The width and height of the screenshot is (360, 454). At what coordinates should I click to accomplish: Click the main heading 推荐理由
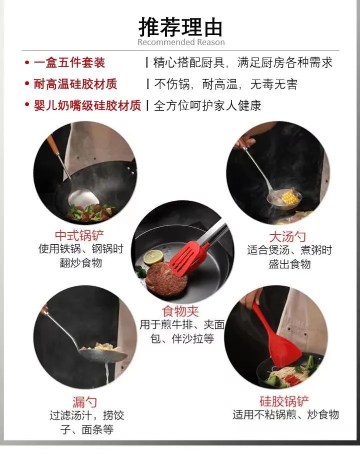point(180,26)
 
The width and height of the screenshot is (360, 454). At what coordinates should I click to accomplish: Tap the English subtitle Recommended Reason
point(181,43)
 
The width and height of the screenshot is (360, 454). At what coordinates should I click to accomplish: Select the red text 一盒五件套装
point(69,63)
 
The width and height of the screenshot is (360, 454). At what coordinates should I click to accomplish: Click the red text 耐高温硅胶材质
point(75,84)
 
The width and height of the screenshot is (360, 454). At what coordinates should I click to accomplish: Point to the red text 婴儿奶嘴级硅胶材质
point(87,106)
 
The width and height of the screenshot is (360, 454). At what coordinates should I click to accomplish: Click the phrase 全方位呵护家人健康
point(207,106)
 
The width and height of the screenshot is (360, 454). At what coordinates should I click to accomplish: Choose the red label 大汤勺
point(287,236)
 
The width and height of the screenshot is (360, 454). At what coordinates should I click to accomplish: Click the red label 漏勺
point(85,401)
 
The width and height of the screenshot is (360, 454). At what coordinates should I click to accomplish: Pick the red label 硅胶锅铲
point(284,401)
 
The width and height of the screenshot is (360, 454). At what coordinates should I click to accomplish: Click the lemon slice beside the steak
point(153,257)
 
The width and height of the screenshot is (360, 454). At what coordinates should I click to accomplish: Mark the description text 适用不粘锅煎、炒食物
point(285,414)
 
